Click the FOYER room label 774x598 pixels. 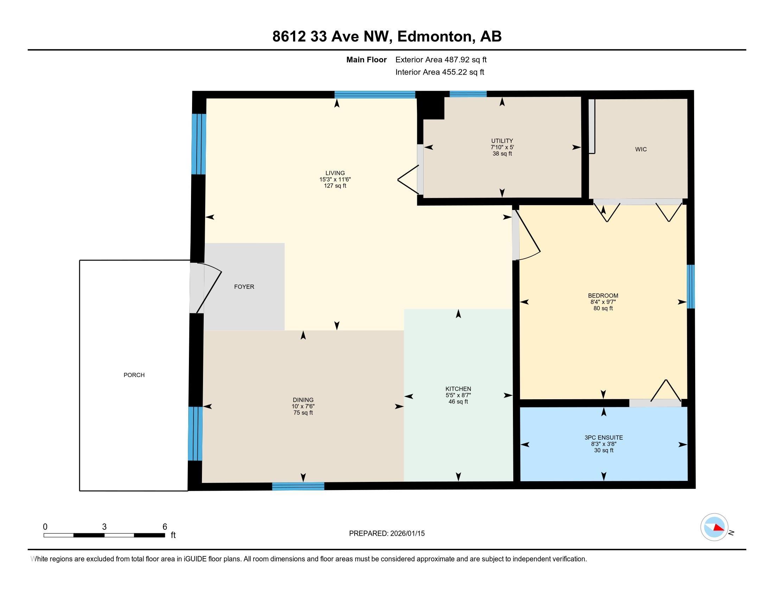244,287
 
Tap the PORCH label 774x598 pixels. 134,375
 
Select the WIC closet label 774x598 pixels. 641,149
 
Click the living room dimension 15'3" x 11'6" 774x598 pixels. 335,180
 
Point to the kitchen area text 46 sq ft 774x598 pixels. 458,401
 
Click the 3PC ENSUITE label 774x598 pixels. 603,438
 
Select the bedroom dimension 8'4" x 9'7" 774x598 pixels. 603,302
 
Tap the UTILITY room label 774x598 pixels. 502,141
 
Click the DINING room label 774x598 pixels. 303,400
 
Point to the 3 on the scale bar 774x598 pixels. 104,527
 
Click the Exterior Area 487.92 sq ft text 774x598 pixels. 441,59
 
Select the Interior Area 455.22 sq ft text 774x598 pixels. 439,72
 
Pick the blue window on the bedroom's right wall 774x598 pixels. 691,287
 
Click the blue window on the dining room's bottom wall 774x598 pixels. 298,486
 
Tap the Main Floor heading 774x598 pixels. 367,59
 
